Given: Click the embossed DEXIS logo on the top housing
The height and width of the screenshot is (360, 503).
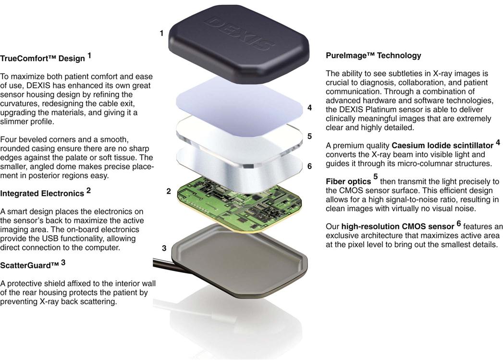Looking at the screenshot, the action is [239, 33].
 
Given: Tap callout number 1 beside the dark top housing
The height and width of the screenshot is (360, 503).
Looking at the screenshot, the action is [162, 33].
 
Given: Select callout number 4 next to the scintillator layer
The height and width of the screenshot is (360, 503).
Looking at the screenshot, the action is [309, 108].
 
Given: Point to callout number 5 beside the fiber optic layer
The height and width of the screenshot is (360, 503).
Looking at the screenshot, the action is [309, 136].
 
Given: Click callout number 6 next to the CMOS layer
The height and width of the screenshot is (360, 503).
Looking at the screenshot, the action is [309, 166].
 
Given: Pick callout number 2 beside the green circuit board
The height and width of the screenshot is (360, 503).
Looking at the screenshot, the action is [169, 191].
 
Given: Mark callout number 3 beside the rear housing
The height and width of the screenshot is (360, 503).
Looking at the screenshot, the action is [164, 248].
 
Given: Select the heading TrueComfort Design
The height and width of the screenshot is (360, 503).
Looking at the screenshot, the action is [42, 58].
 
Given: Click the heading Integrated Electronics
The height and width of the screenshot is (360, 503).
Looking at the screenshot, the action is [42, 194].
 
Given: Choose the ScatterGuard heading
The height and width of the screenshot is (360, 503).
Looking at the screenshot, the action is [29, 265].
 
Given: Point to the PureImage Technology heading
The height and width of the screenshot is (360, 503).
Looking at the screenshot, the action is [373, 55].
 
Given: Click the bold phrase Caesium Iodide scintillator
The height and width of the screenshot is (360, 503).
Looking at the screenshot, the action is [442, 145].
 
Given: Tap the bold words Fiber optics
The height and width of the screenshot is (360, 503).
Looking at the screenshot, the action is [348, 182].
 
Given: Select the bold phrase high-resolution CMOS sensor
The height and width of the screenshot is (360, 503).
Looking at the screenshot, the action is [398, 226].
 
